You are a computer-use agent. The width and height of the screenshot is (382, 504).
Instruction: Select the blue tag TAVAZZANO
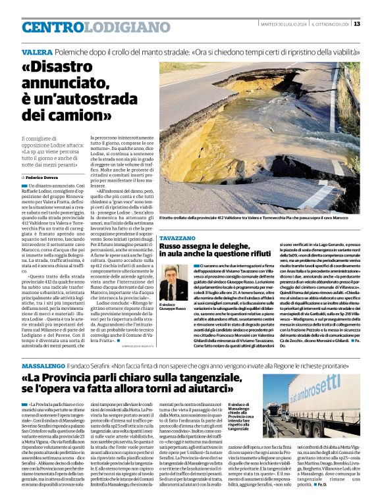(x=177, y=237)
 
